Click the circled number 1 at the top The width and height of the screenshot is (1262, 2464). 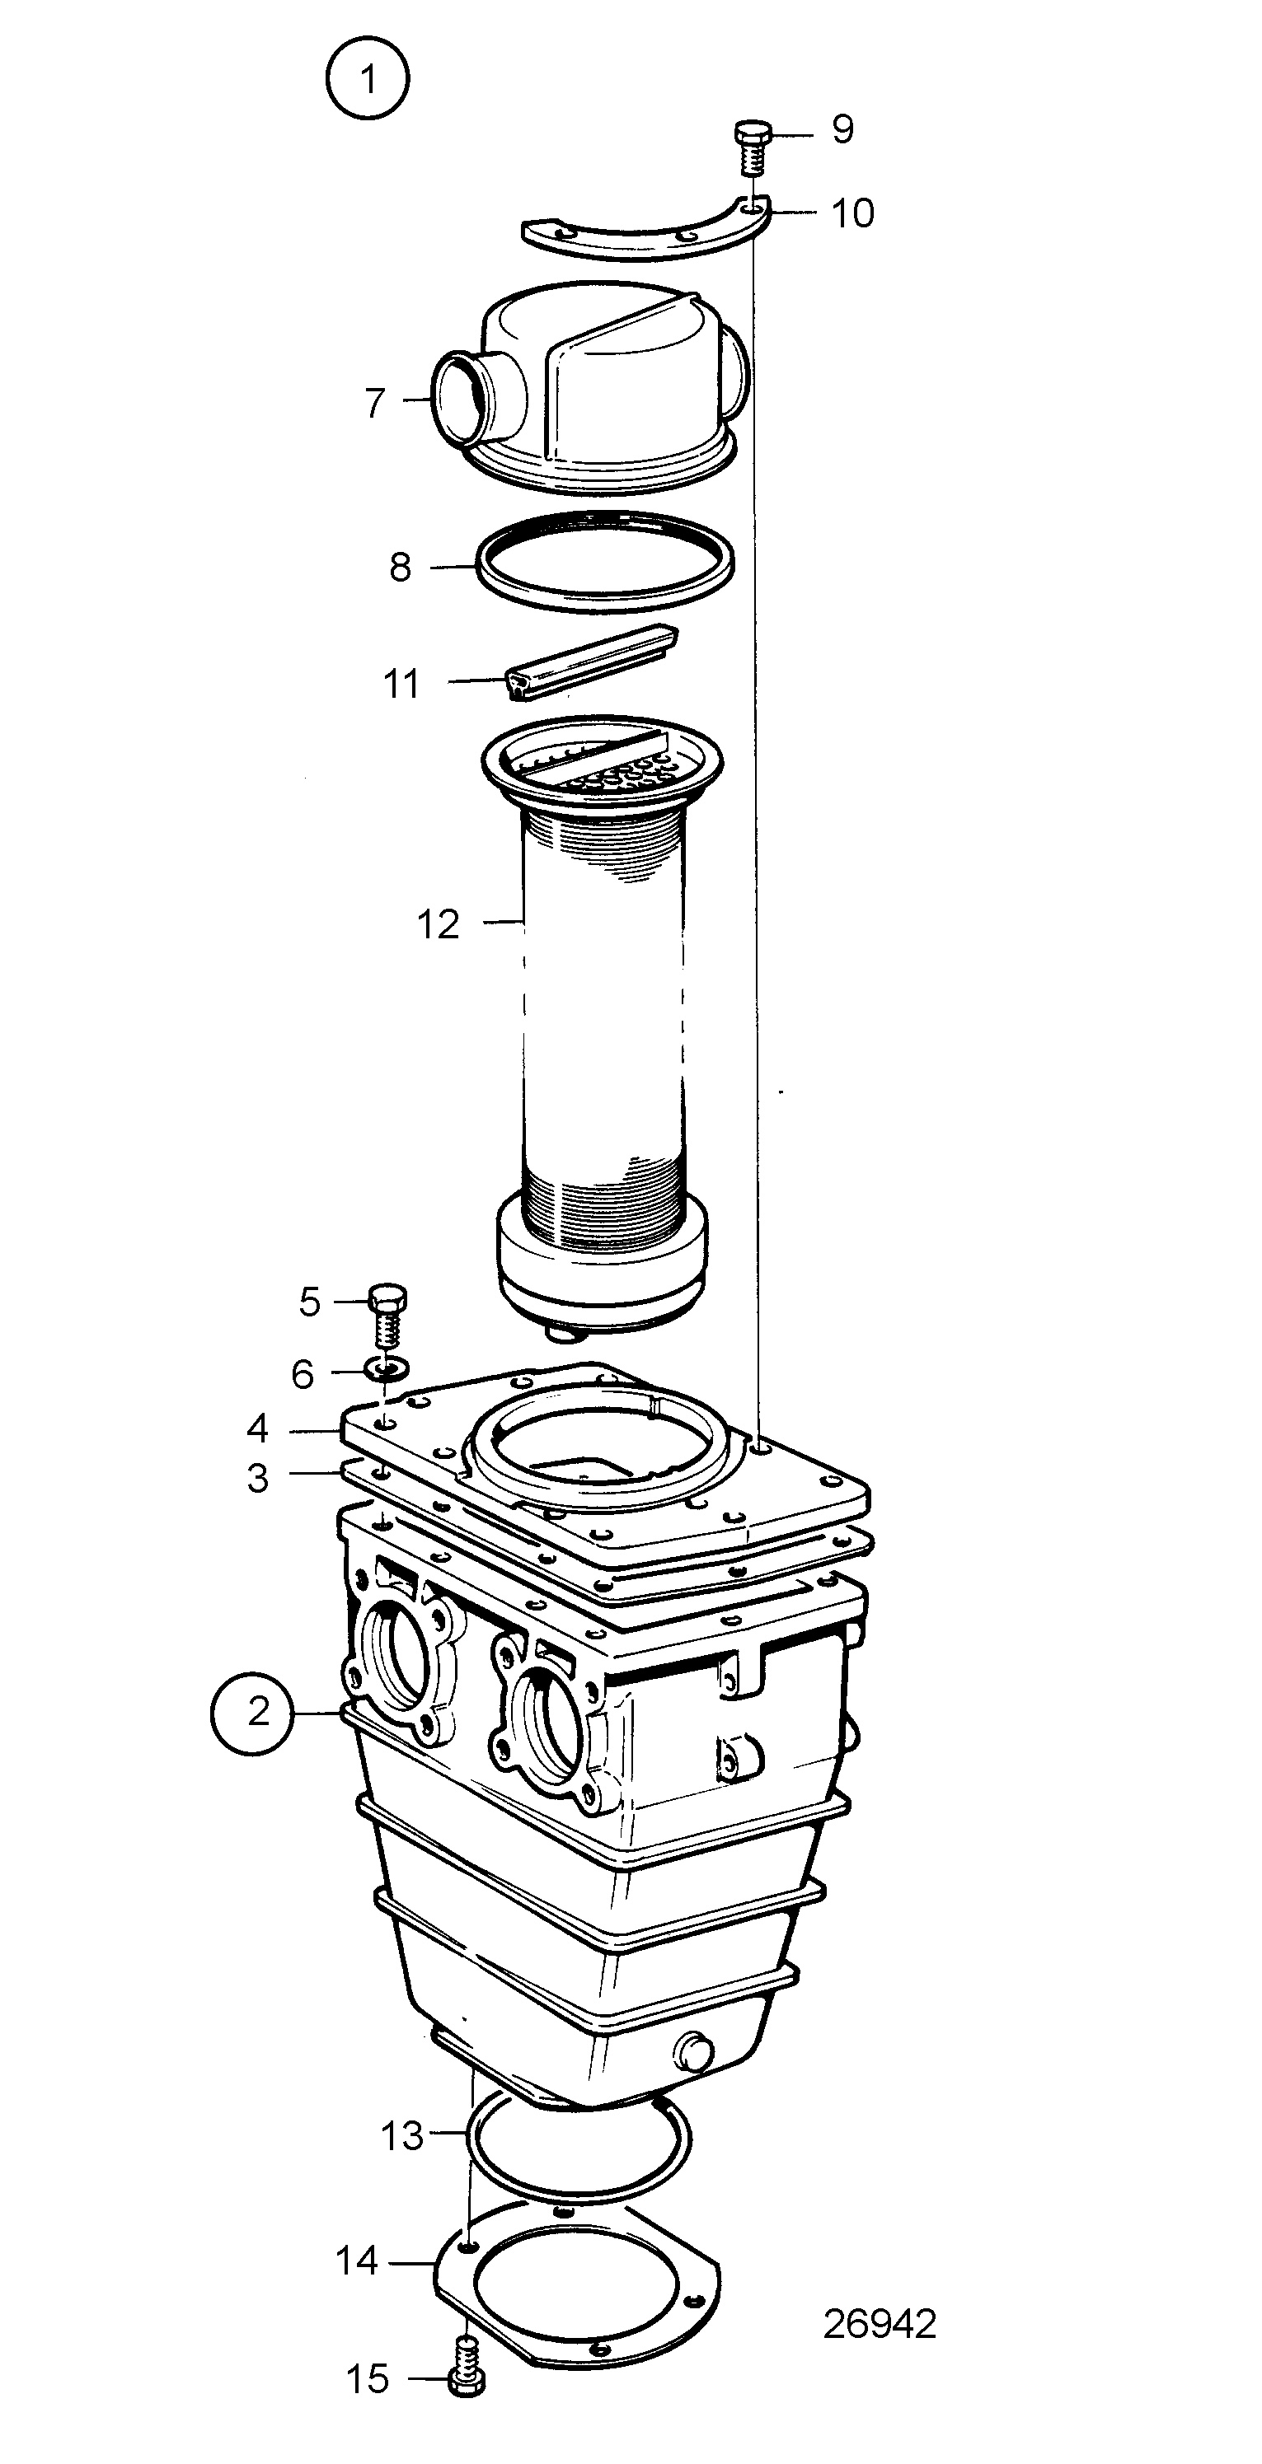point(368,79)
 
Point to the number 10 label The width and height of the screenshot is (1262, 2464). point(851,213)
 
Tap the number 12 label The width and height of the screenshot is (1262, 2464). point(439,924)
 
